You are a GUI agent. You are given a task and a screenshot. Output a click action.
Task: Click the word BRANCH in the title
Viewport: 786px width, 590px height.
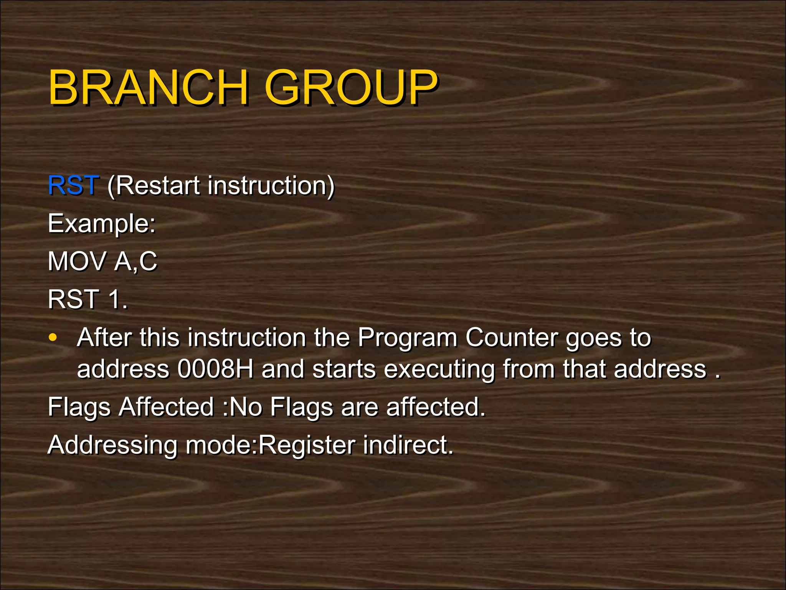148,88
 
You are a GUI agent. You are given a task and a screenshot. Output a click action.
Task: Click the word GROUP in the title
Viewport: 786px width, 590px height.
351,88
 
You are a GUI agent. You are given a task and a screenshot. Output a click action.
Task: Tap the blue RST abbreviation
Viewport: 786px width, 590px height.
73,186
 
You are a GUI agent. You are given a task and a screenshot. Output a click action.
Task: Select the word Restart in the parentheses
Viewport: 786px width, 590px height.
154,186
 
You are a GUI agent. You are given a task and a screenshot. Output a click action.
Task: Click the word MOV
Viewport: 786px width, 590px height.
77,262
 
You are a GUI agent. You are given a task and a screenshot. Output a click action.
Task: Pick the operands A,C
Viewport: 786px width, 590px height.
136,262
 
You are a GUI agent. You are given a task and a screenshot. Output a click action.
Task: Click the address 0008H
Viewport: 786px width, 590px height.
215,369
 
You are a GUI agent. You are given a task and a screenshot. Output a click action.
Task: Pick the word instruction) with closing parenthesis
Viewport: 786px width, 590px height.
271,186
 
